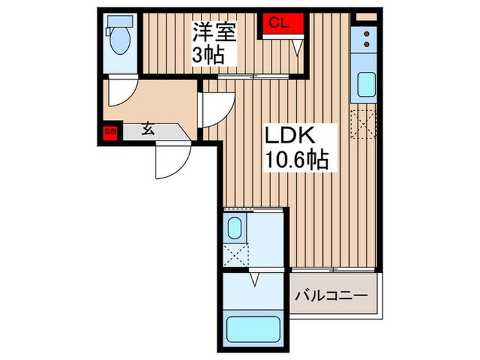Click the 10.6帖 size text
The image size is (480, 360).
[x=296, y=160]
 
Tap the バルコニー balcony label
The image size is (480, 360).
[x=332, y=296]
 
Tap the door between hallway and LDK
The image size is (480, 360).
[x=215, y=110]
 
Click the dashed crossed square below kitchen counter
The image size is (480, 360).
[x=364, y=123]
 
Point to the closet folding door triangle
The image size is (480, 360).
[x=296, y=46]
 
